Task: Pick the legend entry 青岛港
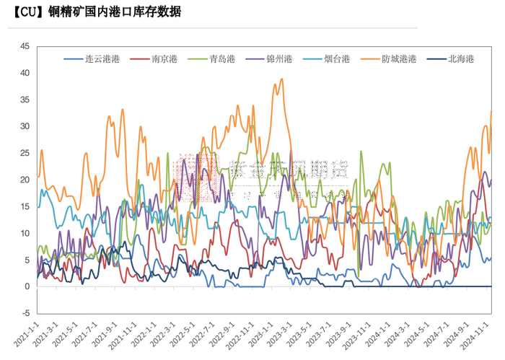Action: click(x=221, y=58)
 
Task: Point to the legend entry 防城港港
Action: click(x=398, y=58)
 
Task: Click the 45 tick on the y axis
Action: click(x=25, y=46)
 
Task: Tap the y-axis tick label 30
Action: click(x=25, y=126)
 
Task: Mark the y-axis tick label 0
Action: click(x=27, y=286)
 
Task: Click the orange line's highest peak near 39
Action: click(x=281, y=79)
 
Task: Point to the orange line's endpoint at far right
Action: click(x=491, y=110)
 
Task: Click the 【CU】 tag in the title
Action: click(x=28, y=13)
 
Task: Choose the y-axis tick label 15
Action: click(x=25, y=206)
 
